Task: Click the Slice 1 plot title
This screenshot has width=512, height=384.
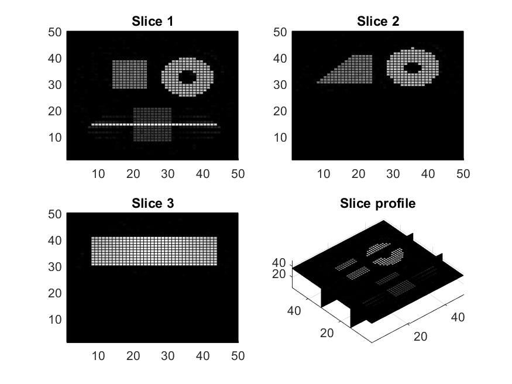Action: click(153, 22)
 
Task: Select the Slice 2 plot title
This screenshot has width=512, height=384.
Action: click(378, 22)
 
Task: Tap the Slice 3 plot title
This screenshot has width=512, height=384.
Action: click(153, 204)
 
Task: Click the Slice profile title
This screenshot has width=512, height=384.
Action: click(378, 204)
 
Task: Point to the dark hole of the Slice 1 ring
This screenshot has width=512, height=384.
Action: click(187, 77)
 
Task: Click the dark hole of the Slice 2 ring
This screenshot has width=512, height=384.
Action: click(413, 67)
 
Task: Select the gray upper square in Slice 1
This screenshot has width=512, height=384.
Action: click(130, 74)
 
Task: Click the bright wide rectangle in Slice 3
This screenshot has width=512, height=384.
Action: click(154, 251)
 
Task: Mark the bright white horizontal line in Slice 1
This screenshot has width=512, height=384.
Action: click(154, 125)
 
